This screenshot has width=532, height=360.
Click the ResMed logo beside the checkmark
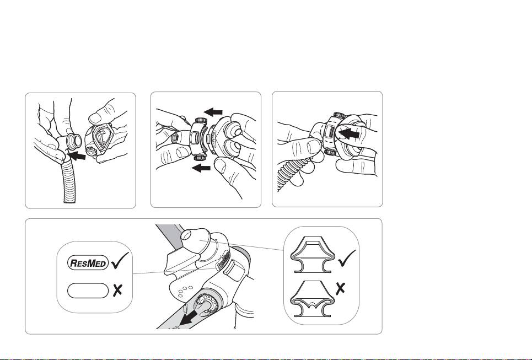88,263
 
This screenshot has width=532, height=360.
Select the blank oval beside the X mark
88,291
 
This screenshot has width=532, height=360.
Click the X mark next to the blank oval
117,291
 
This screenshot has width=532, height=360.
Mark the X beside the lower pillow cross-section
340,288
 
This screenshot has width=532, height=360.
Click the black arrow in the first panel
77,155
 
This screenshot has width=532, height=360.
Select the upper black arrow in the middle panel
213,111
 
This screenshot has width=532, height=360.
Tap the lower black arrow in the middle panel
201,167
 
